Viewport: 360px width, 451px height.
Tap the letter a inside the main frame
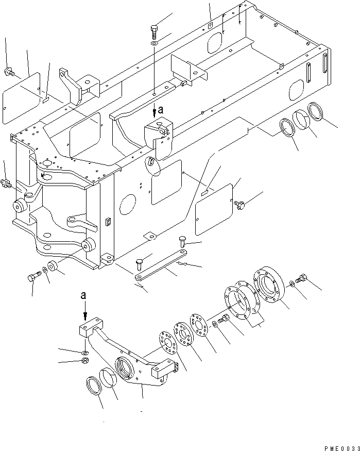(160, 110)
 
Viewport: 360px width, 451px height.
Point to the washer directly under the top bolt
(155, 45)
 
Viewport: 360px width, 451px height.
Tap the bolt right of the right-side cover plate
(240, 206)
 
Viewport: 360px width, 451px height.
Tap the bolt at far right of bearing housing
(301, 280)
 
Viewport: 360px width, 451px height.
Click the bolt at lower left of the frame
(32, 277)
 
